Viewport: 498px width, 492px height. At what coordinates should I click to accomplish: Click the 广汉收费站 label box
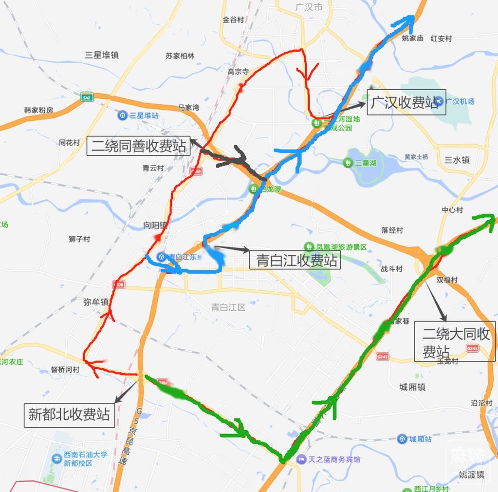406,102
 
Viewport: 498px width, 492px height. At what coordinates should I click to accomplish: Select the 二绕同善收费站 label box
138,146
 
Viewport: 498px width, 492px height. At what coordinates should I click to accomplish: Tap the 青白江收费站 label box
295,260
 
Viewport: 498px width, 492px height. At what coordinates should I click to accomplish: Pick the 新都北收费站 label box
69,415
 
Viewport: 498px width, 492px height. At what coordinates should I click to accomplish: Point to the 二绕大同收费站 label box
455,341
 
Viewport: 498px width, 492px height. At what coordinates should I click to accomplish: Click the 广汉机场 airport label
455,101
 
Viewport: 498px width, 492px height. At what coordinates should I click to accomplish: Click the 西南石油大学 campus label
80,458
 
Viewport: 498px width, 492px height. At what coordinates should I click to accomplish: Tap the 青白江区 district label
228,307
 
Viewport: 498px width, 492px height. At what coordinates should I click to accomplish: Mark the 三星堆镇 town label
102,55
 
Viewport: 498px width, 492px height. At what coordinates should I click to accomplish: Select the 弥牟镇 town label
95,302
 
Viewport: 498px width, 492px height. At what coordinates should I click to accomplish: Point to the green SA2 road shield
87,97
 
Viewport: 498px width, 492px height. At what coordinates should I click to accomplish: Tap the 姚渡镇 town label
471,474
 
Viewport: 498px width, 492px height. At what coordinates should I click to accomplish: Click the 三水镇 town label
457,160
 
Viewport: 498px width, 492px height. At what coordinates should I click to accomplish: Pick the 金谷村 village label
233,20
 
